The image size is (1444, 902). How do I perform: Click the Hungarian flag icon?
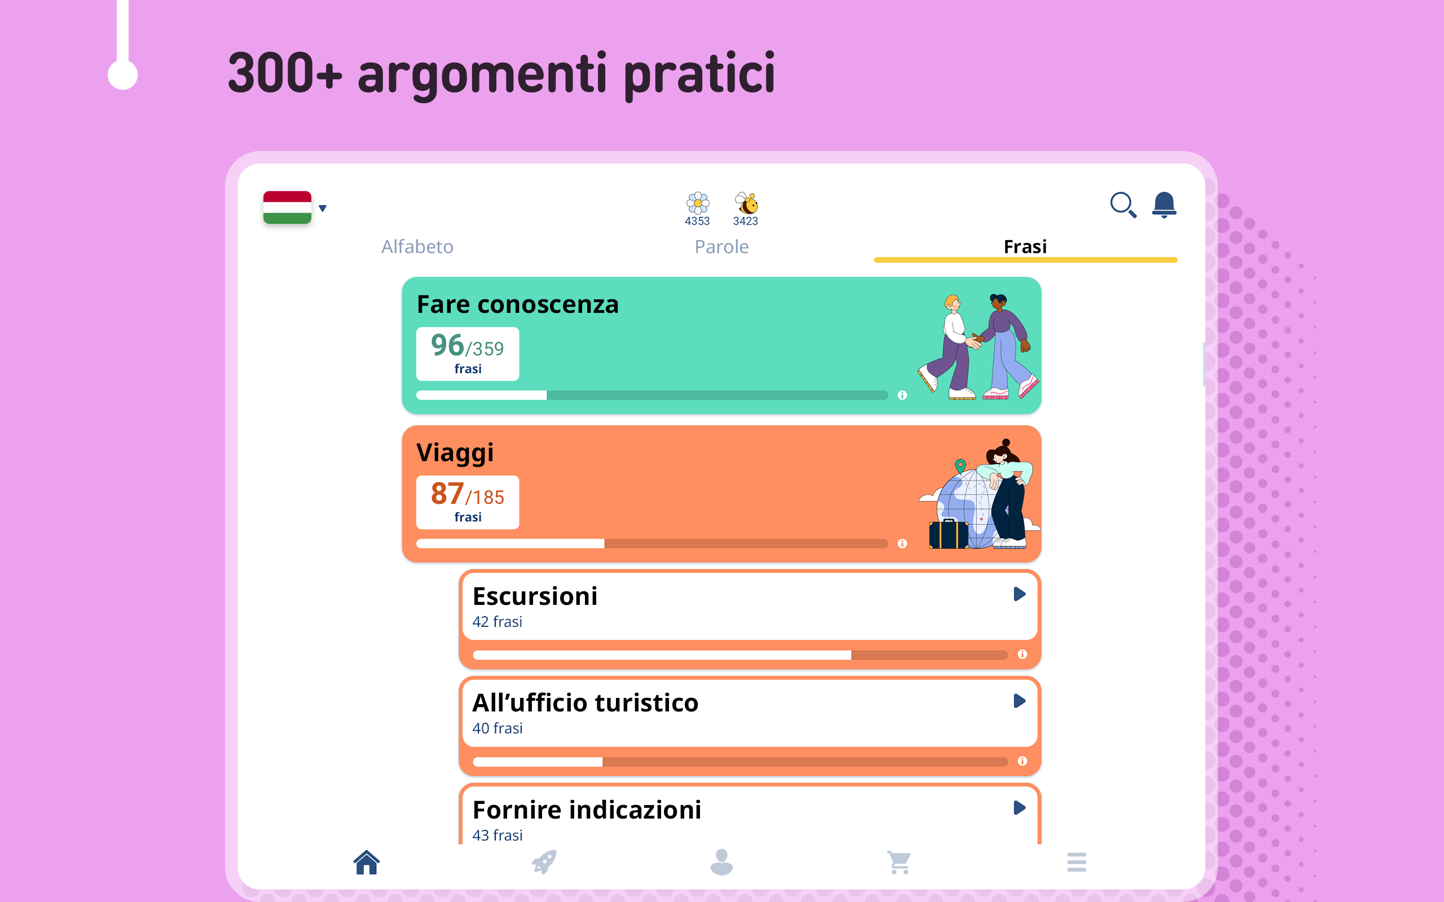(287, 207)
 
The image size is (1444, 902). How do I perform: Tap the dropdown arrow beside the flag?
(323, 208)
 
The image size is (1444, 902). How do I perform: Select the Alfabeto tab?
(417, 246)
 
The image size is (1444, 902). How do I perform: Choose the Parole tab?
(721, 246)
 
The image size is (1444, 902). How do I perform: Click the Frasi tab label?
(1025, 246)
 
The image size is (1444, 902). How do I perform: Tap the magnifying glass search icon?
(1123, 205)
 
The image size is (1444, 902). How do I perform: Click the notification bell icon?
(1164, 205)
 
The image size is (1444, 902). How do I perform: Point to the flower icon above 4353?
(698, 203)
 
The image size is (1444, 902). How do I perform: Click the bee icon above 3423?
(746, 203)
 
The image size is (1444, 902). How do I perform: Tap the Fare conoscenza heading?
(517, 304)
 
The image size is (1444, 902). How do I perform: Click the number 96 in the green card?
(447, 345)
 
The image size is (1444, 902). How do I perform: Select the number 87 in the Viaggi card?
(447, 493)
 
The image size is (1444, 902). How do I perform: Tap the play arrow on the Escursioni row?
(1019, 594)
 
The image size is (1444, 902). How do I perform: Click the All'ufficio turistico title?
(585, 703)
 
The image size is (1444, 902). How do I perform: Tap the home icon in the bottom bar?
(367, 862)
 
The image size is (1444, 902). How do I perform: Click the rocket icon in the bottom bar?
(544, 862)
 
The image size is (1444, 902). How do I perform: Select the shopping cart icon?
(899, 862)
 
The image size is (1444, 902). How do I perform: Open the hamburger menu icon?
(1076, 862)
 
